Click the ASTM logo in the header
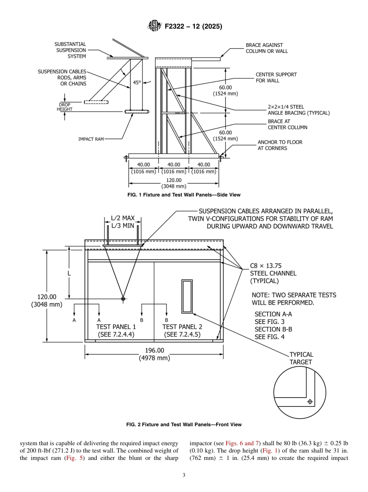[x=154, y=26]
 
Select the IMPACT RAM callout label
[x=91, y=139]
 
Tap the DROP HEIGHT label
[x=65, y=107]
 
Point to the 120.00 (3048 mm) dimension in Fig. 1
[x=174, y=183]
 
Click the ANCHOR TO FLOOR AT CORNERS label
[x=280, y=145]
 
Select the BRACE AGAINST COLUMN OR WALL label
[x=267, y=48]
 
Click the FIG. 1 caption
[x=184, y=195]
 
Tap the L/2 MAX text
[x=123, y=218]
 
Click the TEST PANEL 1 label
[x=116, y=327]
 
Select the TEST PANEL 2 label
[x=182, y=327]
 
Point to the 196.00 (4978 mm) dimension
[x=155, y=354]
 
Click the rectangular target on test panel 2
[x=187, y=296]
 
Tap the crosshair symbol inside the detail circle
[x=310, y=402]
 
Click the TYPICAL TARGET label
[x=301, y=358]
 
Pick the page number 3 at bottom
[x=184, y=475]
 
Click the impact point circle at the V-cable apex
[x=123, y=299]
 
